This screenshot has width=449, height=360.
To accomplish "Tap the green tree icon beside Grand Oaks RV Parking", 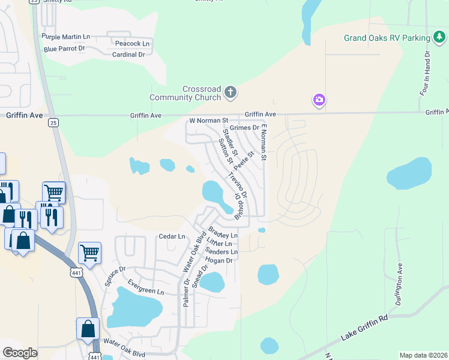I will [439, 38].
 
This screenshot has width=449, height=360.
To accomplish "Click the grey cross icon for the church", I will [231, 92].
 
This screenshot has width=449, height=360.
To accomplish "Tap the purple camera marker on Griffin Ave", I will [319, 100].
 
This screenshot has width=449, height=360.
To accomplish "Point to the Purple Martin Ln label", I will [66, 37].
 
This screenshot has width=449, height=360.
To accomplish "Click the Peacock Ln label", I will [132, 44].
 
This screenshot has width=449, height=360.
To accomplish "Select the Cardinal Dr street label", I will [129, 55].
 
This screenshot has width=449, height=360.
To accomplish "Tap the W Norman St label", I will [209, 121].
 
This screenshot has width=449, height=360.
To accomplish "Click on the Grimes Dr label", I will [244, 128].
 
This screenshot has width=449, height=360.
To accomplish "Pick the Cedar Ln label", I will [172, 236].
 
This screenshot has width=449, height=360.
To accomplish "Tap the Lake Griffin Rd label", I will [366, 326].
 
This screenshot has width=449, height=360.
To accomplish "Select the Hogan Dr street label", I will [218, 260].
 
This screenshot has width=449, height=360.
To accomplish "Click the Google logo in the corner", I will [20, 353].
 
